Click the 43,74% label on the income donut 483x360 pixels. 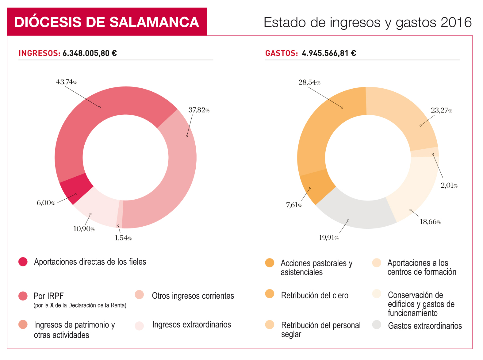(67, 82)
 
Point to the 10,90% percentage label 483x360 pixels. (84, 229)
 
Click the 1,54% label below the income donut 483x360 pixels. (123, 238)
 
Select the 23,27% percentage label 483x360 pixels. (441, 110)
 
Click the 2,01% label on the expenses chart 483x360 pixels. (449, 186)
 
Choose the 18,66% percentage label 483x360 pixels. (430, 222)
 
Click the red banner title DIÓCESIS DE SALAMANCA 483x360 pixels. (107, 22)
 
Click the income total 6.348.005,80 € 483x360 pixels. (90, 53)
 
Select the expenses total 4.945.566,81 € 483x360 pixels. (329, 53)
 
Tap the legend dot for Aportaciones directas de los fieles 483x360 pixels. (23, 262)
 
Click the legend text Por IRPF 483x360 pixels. (48, 296)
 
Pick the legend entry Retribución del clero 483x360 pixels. (315, 296)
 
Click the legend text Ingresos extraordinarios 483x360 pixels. (191, 325)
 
